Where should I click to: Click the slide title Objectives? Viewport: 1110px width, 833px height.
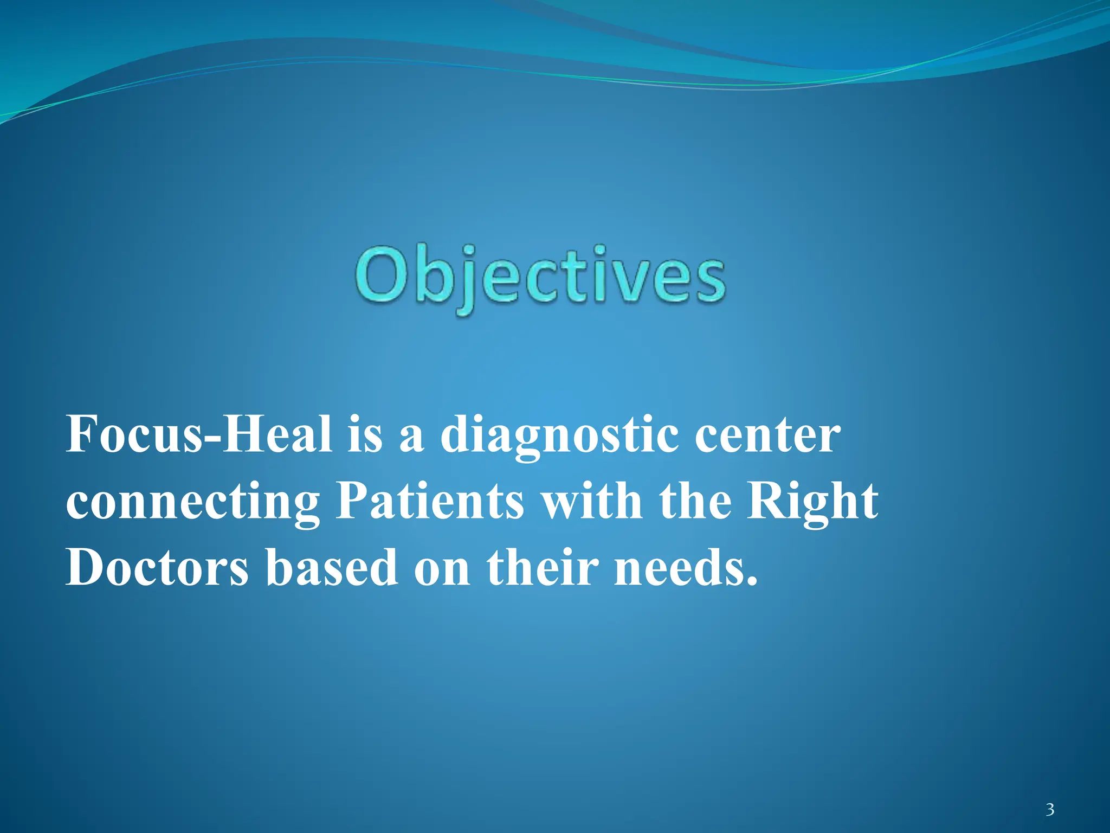coord(540,278)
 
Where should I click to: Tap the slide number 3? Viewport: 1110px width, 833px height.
coord(1050,810)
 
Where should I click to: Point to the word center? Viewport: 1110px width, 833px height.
coord(768,437)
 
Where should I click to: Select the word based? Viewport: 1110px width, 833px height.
coord(332,567)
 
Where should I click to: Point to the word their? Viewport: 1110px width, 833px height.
coord(543,567)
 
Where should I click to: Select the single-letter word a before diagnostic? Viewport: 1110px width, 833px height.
coord(411,441)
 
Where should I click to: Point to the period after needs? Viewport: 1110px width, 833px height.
coord(751,583)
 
